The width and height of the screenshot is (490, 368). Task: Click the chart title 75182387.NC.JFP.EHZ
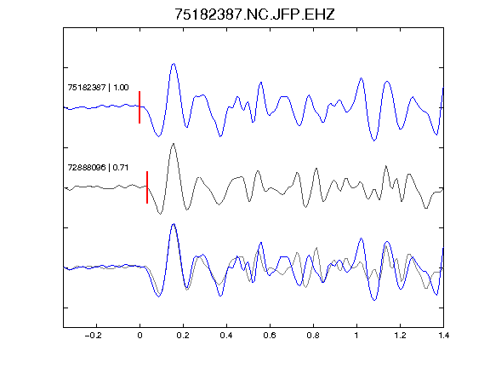tap(254, 14)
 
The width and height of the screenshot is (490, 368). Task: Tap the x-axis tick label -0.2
tap(93, 336)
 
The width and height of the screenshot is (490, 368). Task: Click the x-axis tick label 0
tap(140, 336)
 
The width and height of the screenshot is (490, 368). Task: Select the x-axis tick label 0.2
tap(183, 336)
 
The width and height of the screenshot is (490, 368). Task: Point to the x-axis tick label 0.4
tap(226, 336)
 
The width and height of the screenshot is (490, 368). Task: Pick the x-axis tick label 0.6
tap(270, 336)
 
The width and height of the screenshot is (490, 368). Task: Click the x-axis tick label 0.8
tap(313, 336)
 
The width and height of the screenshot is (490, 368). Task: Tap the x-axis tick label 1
tap(356, 336)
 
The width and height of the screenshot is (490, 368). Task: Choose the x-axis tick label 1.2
tap(400, 336)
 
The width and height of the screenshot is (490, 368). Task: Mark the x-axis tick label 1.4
tap(443, 336)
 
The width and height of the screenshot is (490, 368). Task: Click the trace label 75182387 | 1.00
tap(98, 87)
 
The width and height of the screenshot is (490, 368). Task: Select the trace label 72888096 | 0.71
tap(98, 168)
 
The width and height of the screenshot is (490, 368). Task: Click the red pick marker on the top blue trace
tap(140, 107)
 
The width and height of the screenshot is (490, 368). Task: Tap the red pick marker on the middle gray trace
tap(147, 187)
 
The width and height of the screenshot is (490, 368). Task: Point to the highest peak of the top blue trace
tap(174, 64)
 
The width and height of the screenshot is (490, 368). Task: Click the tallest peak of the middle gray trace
tap(174, 144)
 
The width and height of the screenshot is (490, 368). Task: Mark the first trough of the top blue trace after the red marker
tap(159, 136)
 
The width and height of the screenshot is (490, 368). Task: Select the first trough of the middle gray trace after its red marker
tap(160, 214)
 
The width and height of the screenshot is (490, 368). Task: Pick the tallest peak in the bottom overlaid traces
tap(174, 224)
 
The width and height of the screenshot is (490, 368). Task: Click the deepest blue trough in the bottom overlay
tap(374, 300)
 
